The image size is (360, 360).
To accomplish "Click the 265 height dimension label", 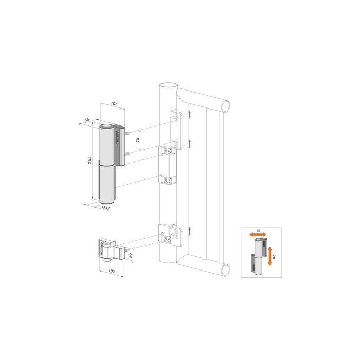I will (89, 161).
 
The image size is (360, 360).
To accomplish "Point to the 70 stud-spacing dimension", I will (138, 139).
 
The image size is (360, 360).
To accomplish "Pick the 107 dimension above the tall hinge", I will (114, 104).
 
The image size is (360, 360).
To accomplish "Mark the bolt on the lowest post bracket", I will (168, 238).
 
